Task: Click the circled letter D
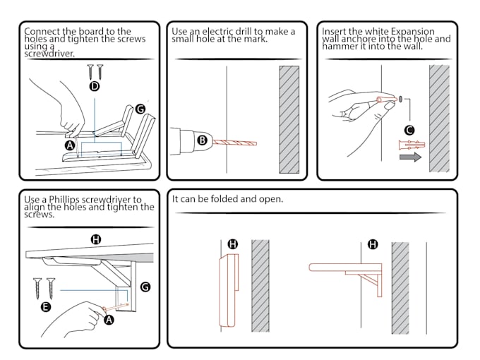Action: tap(95, 87)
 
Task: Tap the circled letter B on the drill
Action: tap(202, 140)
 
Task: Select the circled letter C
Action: tap(409, 129)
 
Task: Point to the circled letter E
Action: tap(45, 307)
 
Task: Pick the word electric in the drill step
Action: tap(215, 31)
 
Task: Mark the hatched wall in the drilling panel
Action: tap(288, 120)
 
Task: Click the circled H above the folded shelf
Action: tap(233, 244)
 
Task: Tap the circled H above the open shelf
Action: tap(373, 244)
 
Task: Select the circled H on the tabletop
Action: tap(96, 239)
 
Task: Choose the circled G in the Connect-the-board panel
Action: tap(140, 109)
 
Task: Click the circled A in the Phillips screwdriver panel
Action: tap(109, 320)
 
